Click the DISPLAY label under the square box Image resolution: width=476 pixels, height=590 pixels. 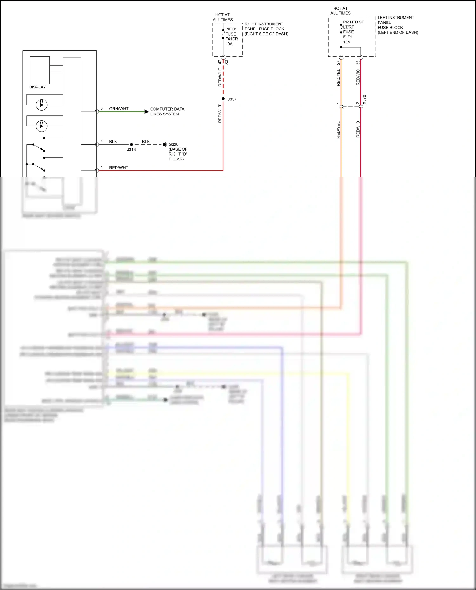(37, 87)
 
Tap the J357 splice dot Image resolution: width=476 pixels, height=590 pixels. (223, 99)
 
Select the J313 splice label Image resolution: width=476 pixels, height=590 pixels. (131, 149)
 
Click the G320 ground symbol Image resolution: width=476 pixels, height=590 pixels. (165, 144)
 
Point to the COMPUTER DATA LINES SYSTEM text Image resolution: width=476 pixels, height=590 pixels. (167, 111)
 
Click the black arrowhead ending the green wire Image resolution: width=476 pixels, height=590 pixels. (146, 112)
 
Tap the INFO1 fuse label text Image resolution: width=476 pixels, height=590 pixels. (231, 29)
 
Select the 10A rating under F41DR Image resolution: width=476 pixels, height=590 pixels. (229, 44)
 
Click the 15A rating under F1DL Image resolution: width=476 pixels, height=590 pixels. (347, 42)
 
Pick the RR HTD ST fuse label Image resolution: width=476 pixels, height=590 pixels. (353, 22)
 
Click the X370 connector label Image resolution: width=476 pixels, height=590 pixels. (364, 100)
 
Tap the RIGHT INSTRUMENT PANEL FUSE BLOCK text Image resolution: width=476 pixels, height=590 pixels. (266, 29)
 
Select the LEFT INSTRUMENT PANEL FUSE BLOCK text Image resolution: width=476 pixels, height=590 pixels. (397, 25)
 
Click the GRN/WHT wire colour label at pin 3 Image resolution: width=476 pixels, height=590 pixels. (119, 109)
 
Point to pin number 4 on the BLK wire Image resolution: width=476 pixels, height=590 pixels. (102, 141)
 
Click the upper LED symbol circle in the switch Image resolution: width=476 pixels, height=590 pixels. (42, 105)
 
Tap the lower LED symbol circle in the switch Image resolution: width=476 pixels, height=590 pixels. (42, 126)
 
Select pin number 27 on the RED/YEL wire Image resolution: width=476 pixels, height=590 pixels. (338, 63)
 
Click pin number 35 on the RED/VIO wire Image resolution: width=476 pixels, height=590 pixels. (358, 63)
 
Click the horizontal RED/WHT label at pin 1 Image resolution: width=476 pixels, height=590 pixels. (118, 168)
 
